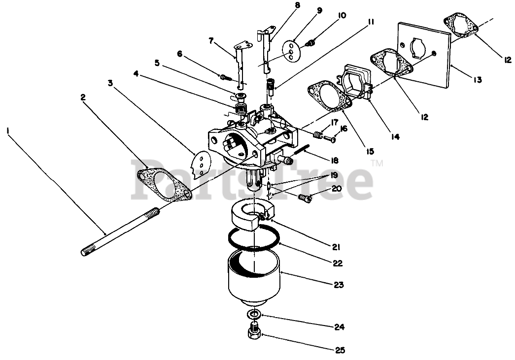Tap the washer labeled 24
click(254, 315)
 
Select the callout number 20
click(337, 188)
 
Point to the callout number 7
click(211, 41)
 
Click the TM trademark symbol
click(377, 163)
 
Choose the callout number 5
click(157, 63)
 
